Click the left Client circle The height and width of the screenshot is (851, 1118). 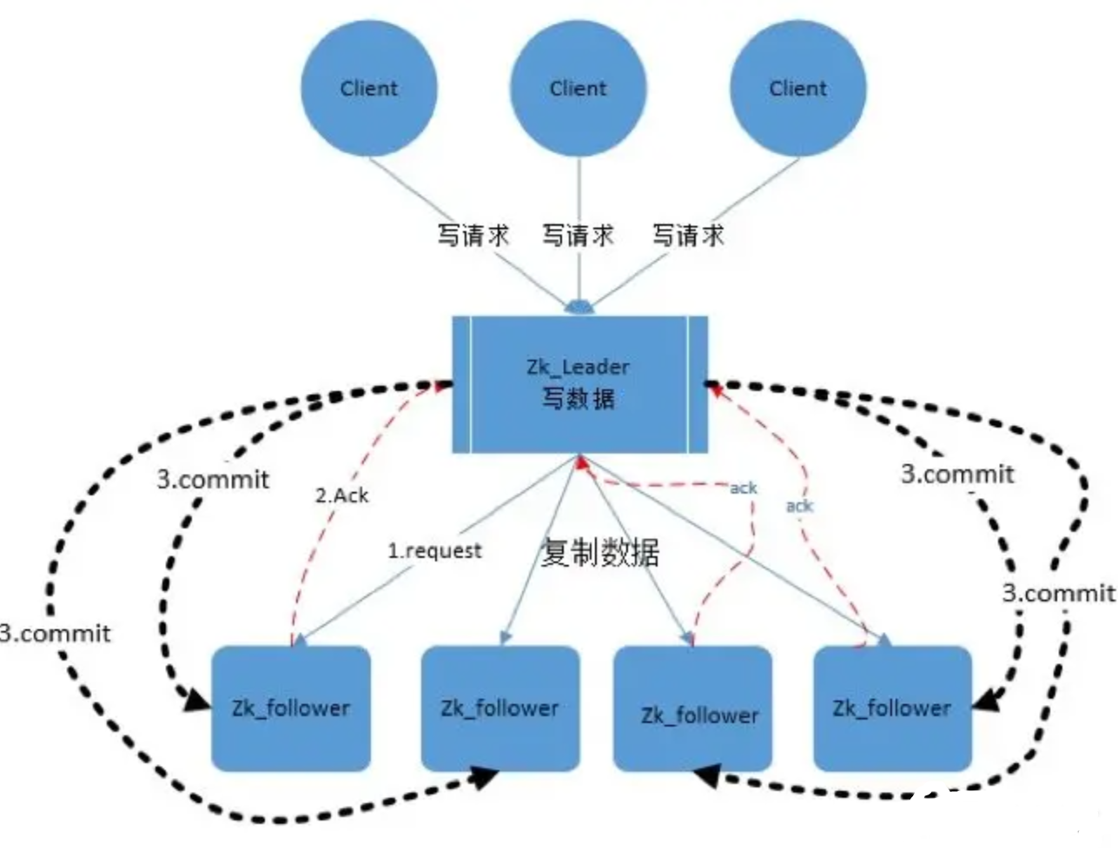pos(368,88)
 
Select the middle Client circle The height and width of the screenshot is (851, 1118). pos(578,88)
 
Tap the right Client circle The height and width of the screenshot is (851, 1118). pos(797,88)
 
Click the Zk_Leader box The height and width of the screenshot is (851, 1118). pos(579,383)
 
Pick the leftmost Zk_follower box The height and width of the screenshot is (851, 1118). pos(291,708)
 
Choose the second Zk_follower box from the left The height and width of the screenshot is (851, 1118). pos(499,708)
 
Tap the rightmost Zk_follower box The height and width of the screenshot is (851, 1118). pos(892,708)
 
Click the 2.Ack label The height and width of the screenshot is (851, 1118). pos(341,495)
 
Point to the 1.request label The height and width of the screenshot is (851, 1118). pos(434,550)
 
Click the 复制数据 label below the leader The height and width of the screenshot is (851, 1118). pos(599,553)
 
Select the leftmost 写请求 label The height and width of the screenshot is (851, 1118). pos(473,235)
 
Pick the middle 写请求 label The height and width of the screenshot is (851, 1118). pos(578,235)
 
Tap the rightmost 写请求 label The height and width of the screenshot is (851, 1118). pos(688,235)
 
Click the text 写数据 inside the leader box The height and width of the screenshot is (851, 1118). pos(579,399)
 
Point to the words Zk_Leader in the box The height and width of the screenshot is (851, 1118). pos(578,366)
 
